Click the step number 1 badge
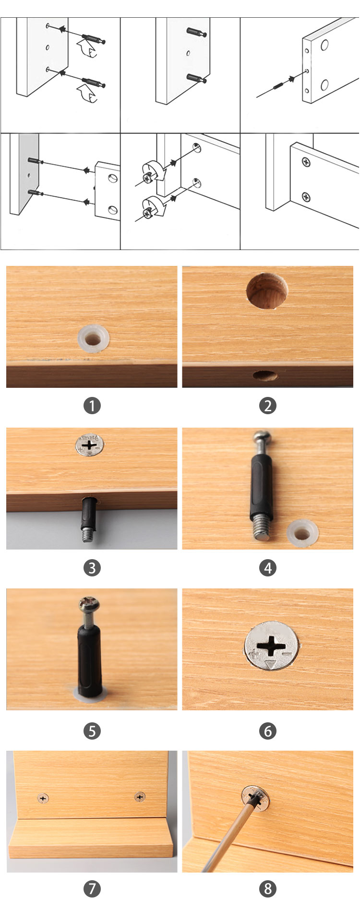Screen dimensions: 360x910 92,406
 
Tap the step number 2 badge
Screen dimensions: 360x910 268,406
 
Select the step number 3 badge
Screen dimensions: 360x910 92,568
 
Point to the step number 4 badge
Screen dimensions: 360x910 268,568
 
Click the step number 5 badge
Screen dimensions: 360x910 92,731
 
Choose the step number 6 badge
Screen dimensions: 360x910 268,731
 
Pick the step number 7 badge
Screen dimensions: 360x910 92,888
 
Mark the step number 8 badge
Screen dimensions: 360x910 268,888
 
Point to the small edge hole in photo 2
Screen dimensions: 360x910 265,375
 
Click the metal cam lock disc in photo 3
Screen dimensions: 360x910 90,445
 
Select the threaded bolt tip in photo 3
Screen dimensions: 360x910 86,534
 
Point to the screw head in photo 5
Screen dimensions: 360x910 89,603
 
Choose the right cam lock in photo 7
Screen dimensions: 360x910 140,797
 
